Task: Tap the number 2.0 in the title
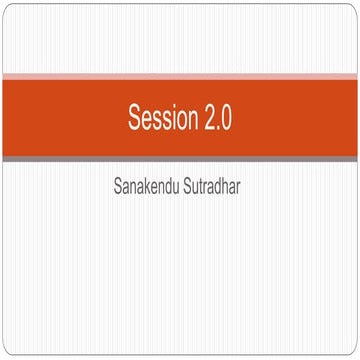click(x=218, y=119)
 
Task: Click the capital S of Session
click(x=135, y=119)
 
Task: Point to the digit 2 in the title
click(x=208, y=119)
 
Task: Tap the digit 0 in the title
click(x=227, y=119)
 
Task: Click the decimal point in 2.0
click(x=217, y=126)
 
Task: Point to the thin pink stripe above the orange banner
click(x=180, y=77)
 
